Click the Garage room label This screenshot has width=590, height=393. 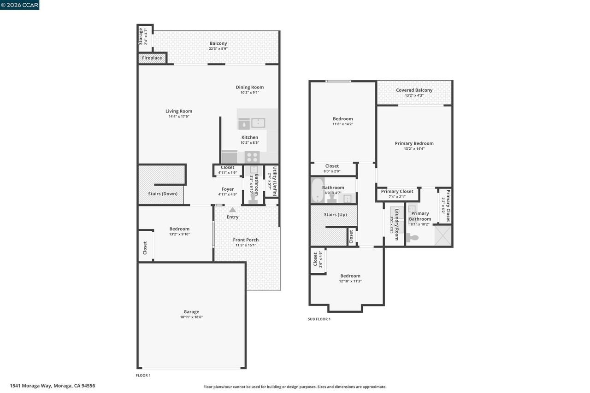click(x=191, y=312)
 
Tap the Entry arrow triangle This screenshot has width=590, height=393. click(x=232, y=210)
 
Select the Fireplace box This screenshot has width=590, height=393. click(x=152, y=58)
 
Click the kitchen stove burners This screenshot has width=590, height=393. click(x=252, y=157)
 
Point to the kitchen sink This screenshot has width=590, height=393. click(x=258, y=123)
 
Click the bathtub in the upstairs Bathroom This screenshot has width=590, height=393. click(x=317, y=190)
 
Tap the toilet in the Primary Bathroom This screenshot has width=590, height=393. click(x=413, y=238)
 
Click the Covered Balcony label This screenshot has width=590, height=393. click(x=414, y=90)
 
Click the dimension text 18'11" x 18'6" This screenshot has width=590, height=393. click(x=191, y=317)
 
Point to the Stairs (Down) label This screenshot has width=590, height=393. click(x=163, y=194)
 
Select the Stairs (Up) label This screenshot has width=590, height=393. click(x=336, y=215)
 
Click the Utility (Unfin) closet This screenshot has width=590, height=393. click(x=272, y=181)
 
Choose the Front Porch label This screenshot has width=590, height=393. click(x=246, y=240)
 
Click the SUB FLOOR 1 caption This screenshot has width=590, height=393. click(x=319, y=319)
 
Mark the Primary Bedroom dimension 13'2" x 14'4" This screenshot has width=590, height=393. click(x=414, y=148)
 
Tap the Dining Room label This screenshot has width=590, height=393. click(x=249, y=87)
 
